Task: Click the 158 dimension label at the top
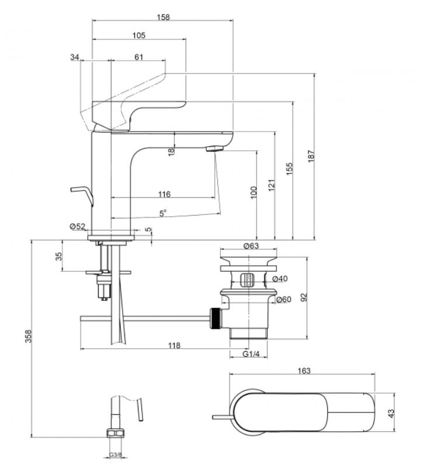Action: coord(163,17)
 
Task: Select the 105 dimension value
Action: coord(139,36)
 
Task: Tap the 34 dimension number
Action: coord(75,57)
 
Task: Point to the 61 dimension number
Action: coord(139,57)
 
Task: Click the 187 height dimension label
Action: coord(311,156)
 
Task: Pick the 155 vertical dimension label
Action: coord(290,169)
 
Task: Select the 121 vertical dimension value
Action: coord(271,185)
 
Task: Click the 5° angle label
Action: coord(162,213)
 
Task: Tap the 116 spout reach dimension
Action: coord(164,195)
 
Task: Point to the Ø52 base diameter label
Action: coord(78,227)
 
